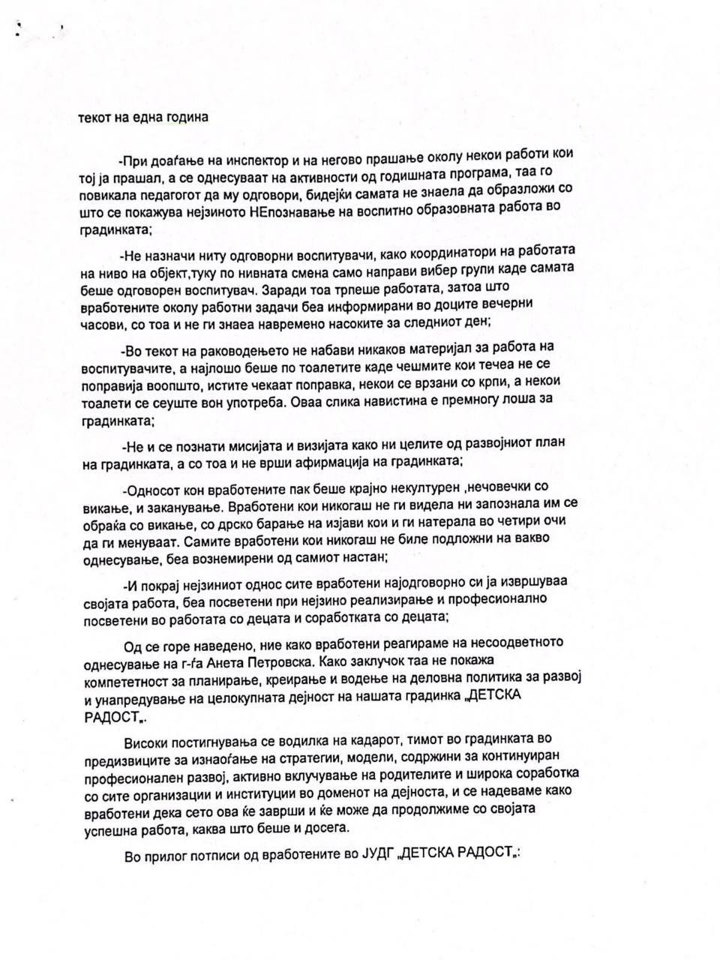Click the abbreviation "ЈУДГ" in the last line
point(370,856)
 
